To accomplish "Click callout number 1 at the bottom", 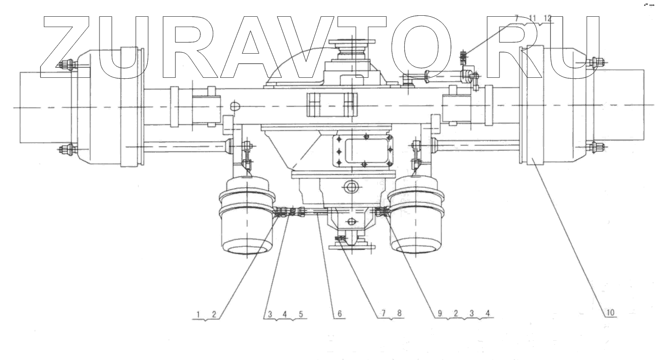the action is [198, 315].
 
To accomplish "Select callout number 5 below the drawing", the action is [301, 314].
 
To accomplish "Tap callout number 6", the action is [339, 314].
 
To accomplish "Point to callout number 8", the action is [399, 313].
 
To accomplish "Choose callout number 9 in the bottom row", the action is [439, 314].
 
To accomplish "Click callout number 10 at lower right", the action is [610, 313].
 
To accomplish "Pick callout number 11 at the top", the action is [532, 18].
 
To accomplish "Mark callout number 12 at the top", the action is [548, 18].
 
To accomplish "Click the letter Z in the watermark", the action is [66, 47].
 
